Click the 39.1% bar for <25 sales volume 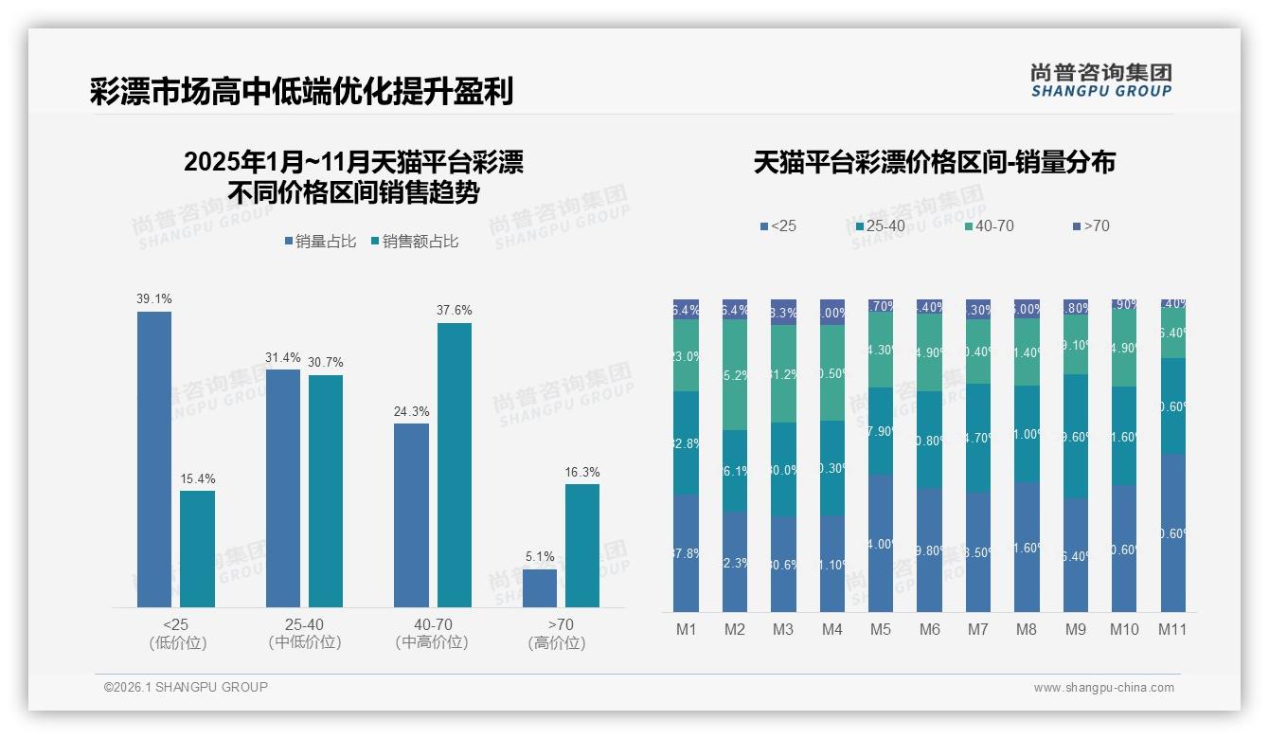pos(154,460)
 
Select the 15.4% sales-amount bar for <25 pos(197,549)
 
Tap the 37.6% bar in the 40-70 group pos(455,465)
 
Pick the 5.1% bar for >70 pos(540,587)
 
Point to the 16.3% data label pos(582,473)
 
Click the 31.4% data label pos(283,358)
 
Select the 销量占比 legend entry pos(320,242)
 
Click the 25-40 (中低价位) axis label pos(304,634)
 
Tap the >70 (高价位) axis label pos(561,634)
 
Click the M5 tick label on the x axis pos(881,629)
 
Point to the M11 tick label pos(1172,629)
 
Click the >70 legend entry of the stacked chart pos(1090,226)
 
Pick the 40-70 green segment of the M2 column pos(735,375)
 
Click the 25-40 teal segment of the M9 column pos(1075,436)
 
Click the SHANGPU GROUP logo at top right pos(1101,81)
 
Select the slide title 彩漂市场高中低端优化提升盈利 pos(302,92)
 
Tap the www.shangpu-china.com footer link pos(1103,688)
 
